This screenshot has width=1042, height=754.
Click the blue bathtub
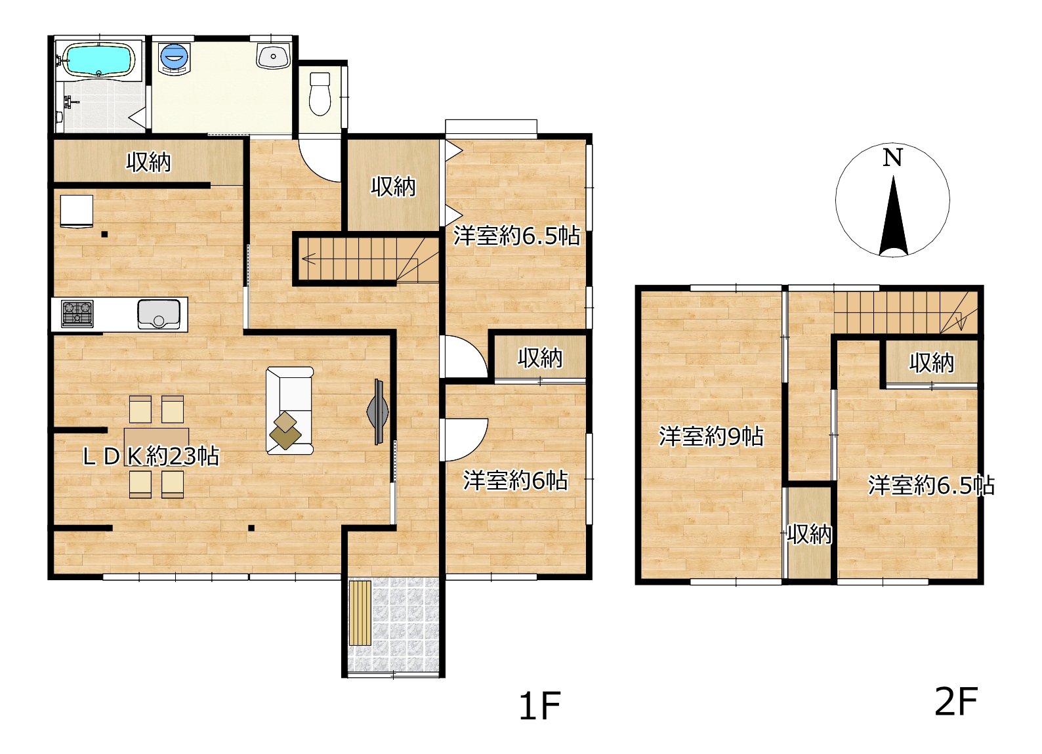(99, 59)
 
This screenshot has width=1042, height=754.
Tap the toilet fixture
(320, 94)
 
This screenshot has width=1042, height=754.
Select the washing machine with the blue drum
(175, 58)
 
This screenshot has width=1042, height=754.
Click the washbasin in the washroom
(274, 56)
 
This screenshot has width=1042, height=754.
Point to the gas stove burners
(77, 312)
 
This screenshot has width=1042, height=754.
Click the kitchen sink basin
(159, 314)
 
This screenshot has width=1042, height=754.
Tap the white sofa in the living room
(289, 410)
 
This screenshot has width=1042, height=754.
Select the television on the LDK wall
(379, 411)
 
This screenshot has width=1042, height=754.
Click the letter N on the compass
(892, 157)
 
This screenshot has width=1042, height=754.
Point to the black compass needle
(894, 216)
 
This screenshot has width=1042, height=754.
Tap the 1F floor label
(539, 705)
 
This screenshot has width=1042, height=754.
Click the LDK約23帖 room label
(151, 456)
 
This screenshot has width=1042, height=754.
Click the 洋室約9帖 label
(711, 437)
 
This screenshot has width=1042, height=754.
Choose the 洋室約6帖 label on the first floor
(515, 480)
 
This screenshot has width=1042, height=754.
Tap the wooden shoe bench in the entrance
(360, 613)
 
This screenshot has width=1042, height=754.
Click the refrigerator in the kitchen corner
(76, 212)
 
